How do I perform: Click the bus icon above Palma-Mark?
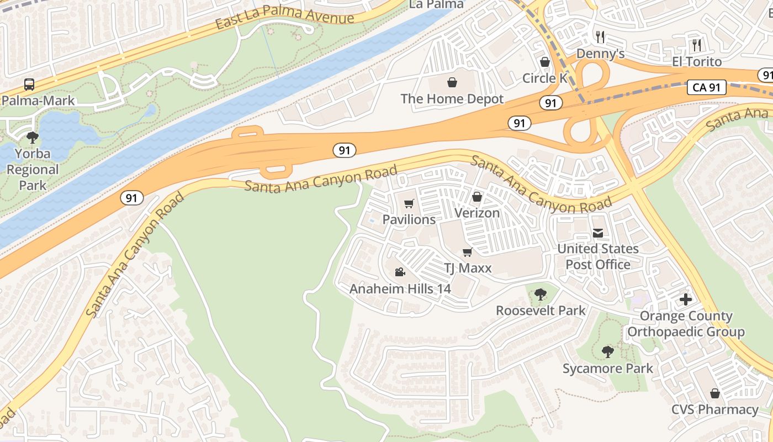(x=29, y=85)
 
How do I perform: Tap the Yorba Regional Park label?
(x=33, y=169)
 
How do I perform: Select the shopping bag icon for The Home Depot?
(x=452, y=83)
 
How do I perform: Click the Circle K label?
(x=544, y=78)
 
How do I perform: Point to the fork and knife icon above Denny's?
(x=600, y=37)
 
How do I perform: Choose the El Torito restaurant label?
(x=697, y=61)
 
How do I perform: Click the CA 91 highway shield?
(x=707, y=87)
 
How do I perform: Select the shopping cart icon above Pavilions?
(x=409, y=204)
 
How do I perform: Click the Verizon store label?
(x=476, y=213)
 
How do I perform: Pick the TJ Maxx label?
(x=468, y=269)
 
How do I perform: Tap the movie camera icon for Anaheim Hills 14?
(x=400, y=272)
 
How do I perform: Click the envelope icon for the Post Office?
(x=597, y=233)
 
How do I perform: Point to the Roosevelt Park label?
(x=540, y=311)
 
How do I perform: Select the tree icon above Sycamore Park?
(x=607, y=352)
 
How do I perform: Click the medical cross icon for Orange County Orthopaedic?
(x=685, y=299)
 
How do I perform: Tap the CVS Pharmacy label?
(x=714, y=409)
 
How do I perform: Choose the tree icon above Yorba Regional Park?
(x=33, y=137)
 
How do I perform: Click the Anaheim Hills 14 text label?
(x=400, y=288)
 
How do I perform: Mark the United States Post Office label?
(x=597, y=256)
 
